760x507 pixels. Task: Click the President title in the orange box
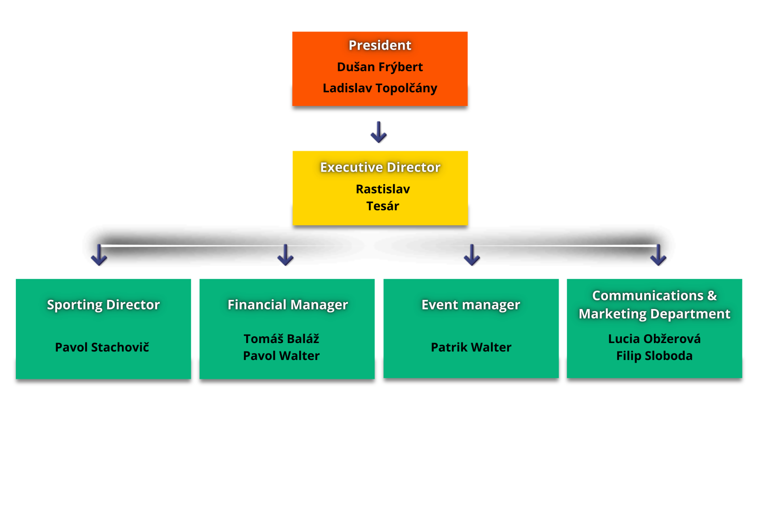coord(380,46)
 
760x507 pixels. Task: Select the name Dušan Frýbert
coord(380,67)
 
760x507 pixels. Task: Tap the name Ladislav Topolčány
coord(380,88)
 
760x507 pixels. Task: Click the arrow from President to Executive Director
coord(378,132)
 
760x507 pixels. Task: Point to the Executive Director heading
coord(380,167)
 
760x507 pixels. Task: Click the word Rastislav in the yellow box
coord(382,189)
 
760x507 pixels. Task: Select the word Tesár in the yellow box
coord(382,206)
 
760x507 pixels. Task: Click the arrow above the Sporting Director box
coord(99,255)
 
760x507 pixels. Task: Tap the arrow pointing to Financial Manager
coord(285,255)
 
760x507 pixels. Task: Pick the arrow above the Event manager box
coord(472,255)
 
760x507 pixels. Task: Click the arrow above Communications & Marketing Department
coord(658,255)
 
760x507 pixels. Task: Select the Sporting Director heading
coord(103,305)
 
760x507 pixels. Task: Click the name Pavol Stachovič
coord(102,347)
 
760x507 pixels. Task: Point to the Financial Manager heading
coord(288,305)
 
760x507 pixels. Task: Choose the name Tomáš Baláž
coord(281,339)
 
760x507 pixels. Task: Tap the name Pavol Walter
coord(281,356)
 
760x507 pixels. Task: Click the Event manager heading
coord(471,305)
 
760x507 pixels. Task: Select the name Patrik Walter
coord(471,347)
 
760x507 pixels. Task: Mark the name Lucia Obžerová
coord(654,339)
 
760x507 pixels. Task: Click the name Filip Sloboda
coord(654,356)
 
